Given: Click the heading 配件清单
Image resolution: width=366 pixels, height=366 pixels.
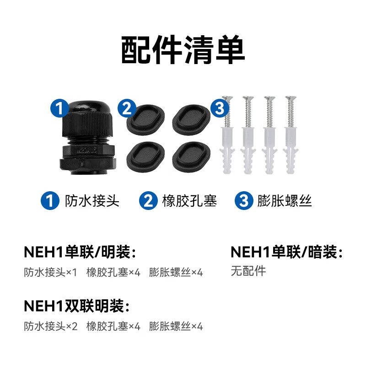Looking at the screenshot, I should [183, 51].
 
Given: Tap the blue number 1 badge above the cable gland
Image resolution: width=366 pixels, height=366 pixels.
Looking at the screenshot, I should [59, 108].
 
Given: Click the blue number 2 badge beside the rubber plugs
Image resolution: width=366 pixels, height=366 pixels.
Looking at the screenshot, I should [126, 108].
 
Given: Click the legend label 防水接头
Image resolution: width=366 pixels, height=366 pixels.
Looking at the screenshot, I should [92, 201].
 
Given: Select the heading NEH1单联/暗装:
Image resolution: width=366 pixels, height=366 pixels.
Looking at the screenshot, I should [286, 252].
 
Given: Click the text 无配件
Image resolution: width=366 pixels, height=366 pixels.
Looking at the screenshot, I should [248, 271].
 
